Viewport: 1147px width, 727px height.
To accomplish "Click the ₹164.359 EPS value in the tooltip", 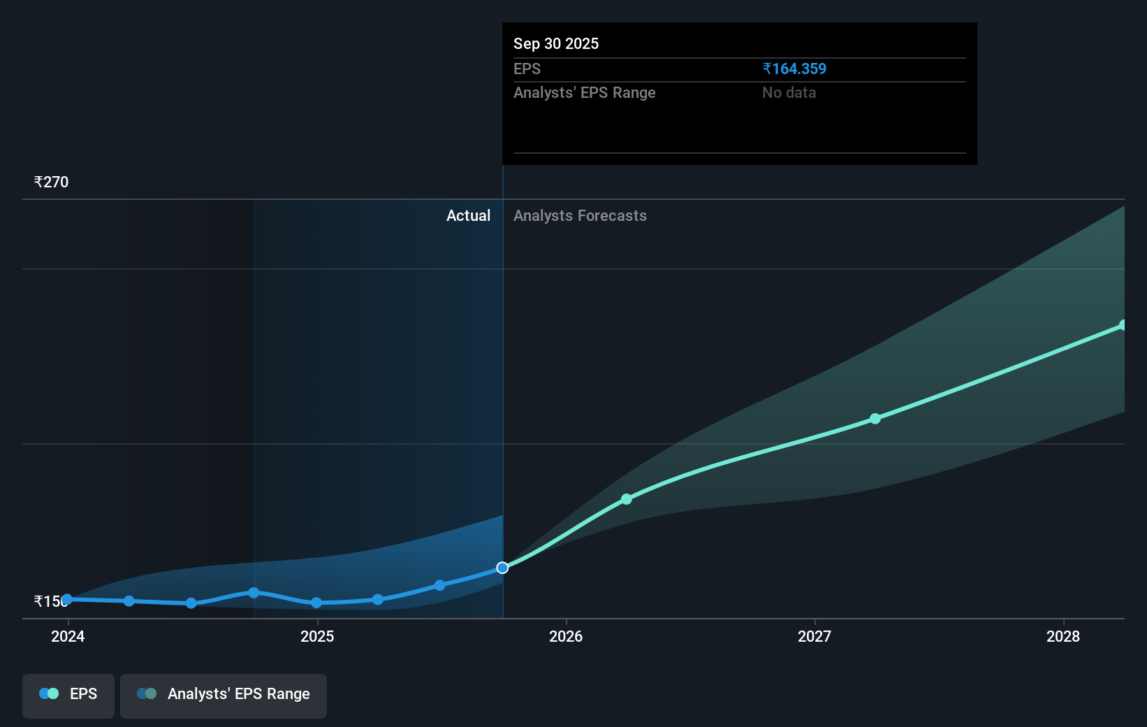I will point(794,69).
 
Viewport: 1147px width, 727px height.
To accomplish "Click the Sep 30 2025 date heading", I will point(556,43).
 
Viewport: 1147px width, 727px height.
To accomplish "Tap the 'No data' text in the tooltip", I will point(789,92).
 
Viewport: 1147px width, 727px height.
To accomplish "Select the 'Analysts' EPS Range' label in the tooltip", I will point(584,92).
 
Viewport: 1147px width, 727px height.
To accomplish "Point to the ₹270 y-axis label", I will point(51,182).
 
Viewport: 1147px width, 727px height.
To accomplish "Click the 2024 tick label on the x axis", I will point(68,636).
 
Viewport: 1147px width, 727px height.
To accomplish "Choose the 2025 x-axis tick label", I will point(317,636).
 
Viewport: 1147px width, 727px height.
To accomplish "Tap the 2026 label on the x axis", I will point(566,636).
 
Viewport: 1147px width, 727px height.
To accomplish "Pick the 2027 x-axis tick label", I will point(814,636).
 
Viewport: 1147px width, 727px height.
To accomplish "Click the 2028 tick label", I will point(1062,636).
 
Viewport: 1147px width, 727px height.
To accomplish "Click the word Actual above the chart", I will point(468,215).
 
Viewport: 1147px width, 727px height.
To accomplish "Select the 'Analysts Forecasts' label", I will point(580,215).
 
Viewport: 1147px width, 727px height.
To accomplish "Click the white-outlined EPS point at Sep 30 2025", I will point(502,568).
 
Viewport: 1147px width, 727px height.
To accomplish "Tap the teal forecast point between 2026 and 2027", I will point(627,499).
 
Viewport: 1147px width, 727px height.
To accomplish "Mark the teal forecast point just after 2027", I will point(875,419).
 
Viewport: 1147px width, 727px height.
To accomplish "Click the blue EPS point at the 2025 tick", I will point(316,603).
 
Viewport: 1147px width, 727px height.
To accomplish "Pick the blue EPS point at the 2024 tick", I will point(67,599).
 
